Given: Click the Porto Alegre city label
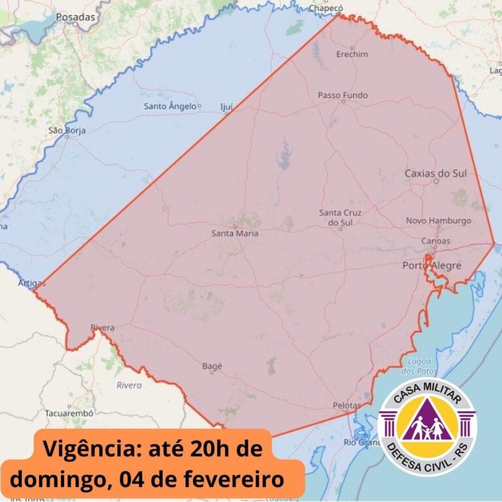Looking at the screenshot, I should [431, 265].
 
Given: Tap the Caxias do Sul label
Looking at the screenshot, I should [435, 173].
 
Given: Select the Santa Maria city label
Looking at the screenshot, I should [235, 233].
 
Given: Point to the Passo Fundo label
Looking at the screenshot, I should [343, 95].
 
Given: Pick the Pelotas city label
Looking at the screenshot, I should [346, 405].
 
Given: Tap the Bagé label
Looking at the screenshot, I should [212, 367].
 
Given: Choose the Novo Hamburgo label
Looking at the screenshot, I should [438, 220].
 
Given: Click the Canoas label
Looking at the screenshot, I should [435, 241].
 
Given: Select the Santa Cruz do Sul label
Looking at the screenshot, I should [340, 218].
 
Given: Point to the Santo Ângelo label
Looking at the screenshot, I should [170, 106].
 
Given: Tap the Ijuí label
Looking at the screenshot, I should [226, 105].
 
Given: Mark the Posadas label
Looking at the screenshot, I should [75, 17].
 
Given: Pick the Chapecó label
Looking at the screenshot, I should [326, 8].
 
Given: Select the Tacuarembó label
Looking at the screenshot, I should [69, 413].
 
